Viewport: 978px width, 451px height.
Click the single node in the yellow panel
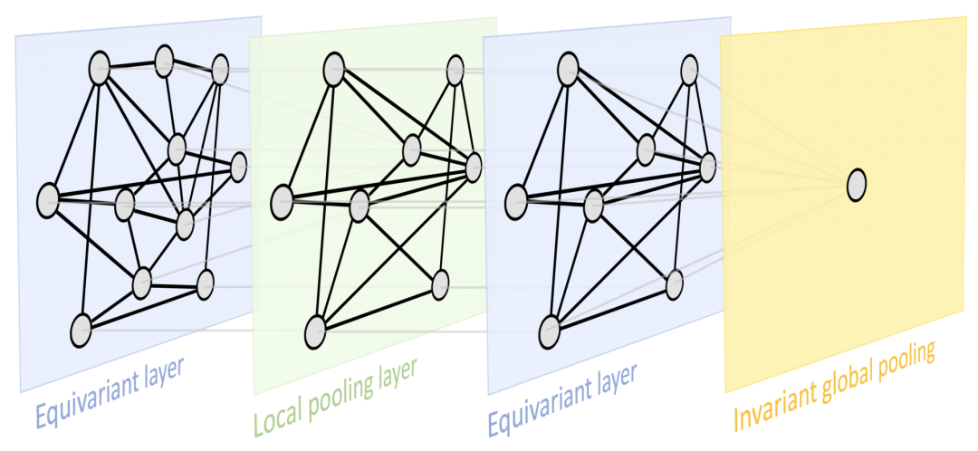point(856,185)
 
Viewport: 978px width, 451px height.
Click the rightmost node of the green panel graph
point(473,166)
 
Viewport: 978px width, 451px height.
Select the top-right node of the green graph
point(455,72)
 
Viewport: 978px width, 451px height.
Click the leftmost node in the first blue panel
point(47,200)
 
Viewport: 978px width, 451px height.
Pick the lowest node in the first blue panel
point(81,330)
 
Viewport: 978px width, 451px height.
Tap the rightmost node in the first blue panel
point(239,166)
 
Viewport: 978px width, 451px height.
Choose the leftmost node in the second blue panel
point(516,200)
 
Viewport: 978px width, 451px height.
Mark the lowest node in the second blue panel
point(549,331)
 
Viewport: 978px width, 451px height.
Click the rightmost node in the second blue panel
point(707,166)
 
